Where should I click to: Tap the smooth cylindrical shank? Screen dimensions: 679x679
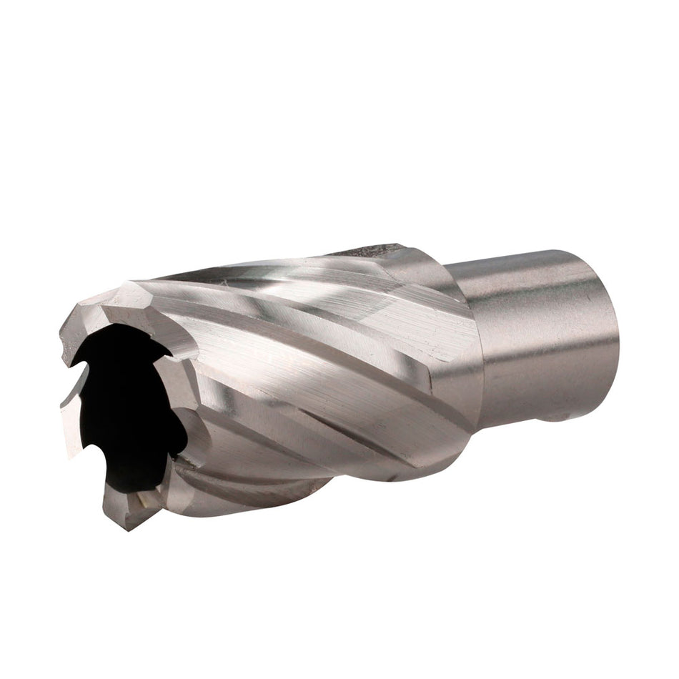(543, 329)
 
